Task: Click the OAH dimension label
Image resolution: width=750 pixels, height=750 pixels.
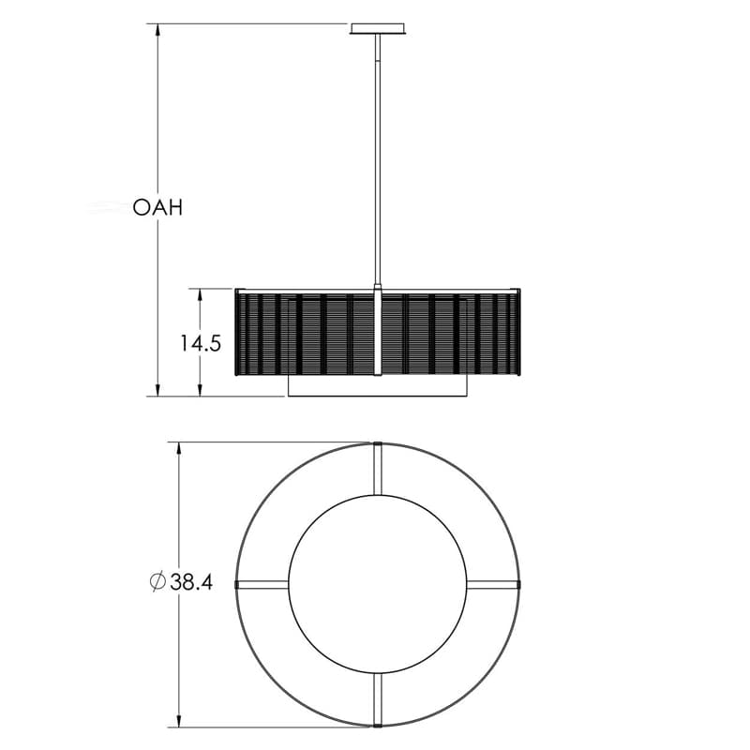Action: pos(157,207)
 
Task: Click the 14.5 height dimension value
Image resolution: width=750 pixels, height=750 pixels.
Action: pos(201,343)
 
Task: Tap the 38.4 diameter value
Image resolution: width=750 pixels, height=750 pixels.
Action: pos(191,582)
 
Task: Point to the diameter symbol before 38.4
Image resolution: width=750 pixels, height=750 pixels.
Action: pos(157,581)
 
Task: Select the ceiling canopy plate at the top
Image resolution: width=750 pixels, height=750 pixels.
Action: pos(378,29)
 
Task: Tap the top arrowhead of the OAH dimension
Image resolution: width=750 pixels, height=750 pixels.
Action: pos(157,30)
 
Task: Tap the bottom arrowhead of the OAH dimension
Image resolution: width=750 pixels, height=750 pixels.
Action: pos(157,390)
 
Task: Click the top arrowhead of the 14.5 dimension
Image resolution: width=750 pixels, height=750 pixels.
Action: pos(200,294)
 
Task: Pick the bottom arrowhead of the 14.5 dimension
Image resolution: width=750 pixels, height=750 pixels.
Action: pos(200,390)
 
